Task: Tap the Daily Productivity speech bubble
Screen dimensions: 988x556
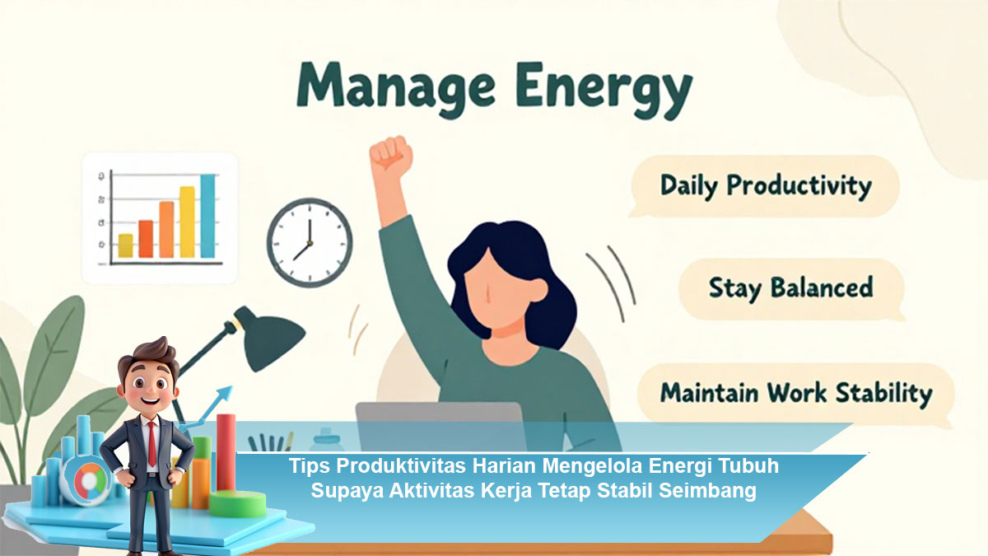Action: click(x=765, y=186)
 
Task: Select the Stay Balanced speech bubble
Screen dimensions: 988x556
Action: click(x=792, y=289)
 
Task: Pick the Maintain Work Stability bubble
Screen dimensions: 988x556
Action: click(x=795, y=393)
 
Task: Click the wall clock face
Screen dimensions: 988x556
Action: click(x=310, y=243)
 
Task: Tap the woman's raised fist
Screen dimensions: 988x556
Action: click(x=390, y=152)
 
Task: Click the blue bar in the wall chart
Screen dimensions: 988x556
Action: click(x=207, y=216)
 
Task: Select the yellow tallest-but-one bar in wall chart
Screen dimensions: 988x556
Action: click(x=187, y=222)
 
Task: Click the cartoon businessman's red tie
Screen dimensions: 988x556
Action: click(x=151, y=443)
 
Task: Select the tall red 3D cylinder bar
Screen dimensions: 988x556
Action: click(x=226, y=452)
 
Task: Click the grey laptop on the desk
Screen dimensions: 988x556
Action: click(x=440, y=426)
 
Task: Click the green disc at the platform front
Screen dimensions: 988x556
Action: click(x=237, y=503)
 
